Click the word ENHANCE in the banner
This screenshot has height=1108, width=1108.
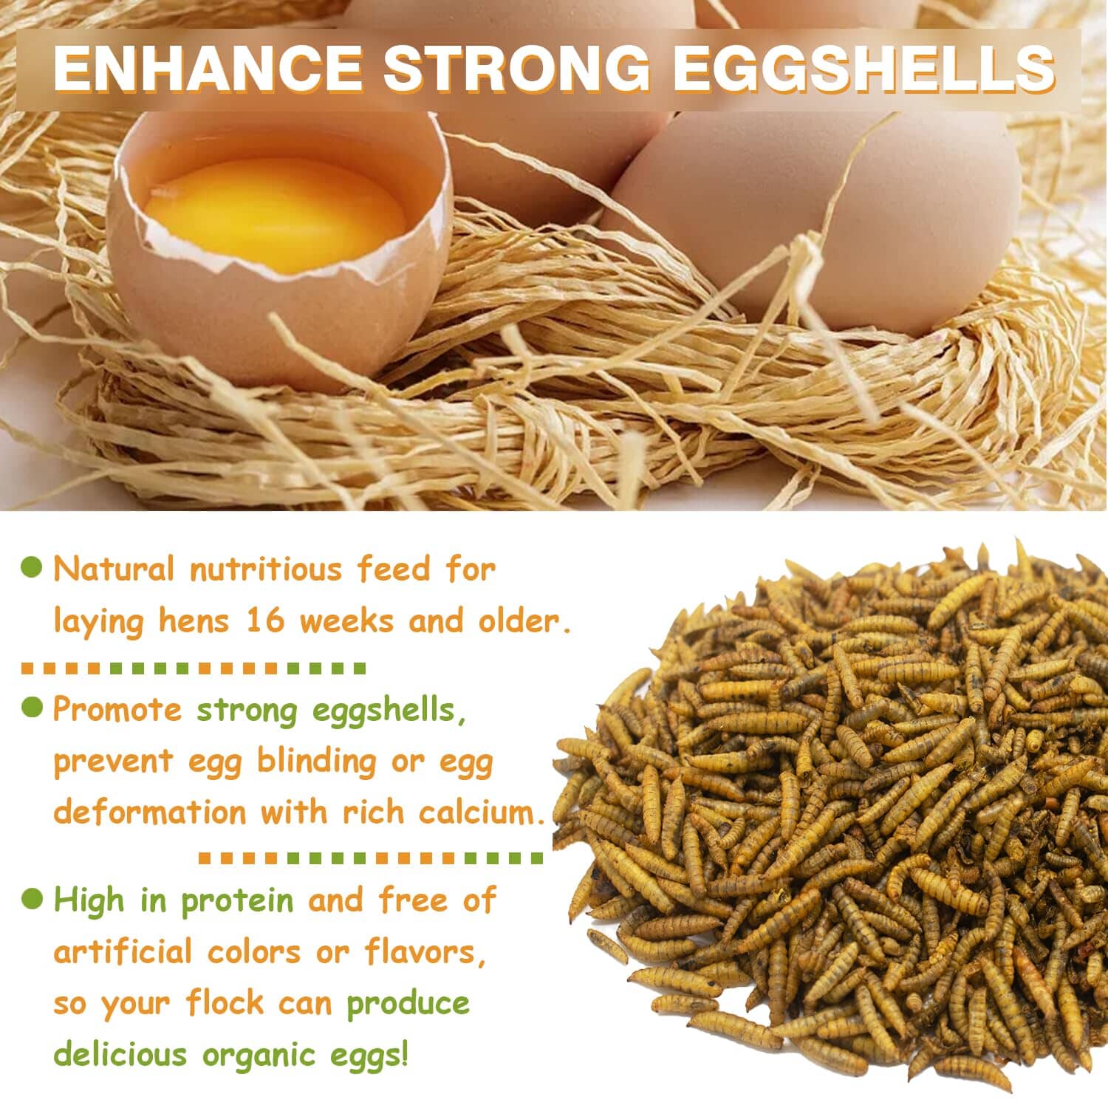[208, 69]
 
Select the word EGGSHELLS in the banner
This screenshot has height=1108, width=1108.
[863, 69]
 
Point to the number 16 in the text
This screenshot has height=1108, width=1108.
[265, 620]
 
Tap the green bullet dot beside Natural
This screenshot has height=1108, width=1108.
[32, 568]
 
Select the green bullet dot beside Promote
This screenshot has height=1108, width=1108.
[32, 707]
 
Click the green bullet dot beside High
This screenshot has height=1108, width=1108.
[32, 898]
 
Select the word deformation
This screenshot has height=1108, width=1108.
[150, 813]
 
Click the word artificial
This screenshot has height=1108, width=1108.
[123, 952]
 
